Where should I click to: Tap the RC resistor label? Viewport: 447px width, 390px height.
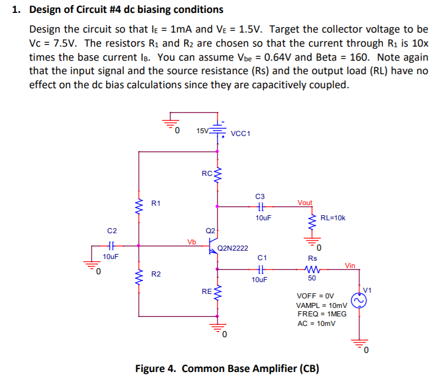tap(207, 174)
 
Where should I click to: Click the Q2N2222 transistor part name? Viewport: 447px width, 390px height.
tap(233, 247)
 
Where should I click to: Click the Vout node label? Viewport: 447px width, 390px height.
tap(305, 203)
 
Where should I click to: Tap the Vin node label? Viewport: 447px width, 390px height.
tap(350, 266)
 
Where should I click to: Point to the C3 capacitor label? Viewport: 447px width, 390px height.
tap(260, 196)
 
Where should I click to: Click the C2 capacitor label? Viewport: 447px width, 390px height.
tap(112, 230)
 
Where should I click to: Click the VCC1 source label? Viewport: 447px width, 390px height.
tap(241, 134)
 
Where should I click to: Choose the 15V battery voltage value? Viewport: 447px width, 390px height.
tap(202, 131)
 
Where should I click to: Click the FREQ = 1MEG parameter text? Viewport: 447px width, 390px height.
tap(322, 314)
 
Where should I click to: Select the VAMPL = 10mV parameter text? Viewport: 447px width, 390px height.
tap(322, 305)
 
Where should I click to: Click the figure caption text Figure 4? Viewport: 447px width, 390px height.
tap(156, 369)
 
